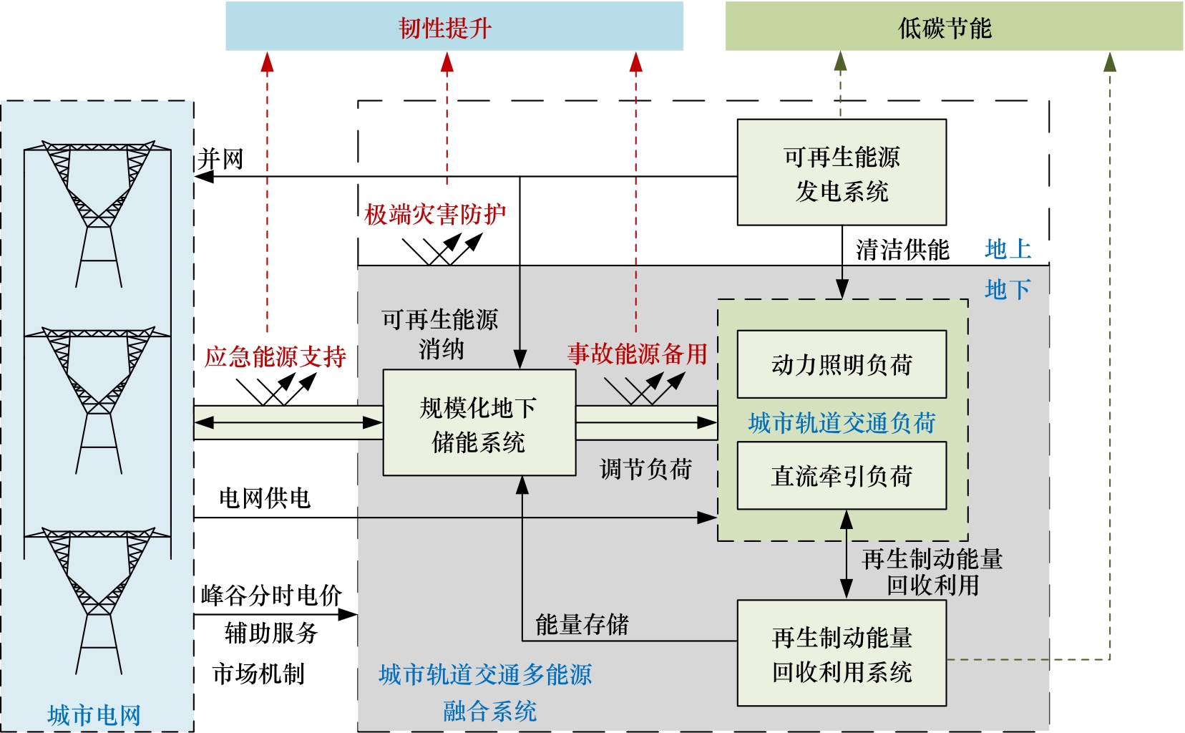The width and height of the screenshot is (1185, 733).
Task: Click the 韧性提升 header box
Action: pos(454,26)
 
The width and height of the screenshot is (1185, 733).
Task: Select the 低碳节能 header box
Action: pos(953,26)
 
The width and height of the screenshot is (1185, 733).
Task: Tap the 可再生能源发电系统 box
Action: pos(842,173)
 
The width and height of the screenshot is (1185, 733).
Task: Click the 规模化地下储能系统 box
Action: pos(479,423)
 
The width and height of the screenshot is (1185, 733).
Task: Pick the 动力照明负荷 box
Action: pos(842,364)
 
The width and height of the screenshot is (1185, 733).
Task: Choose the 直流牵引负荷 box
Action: pos(842,476)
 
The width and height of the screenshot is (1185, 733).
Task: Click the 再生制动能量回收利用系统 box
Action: pos(842,654)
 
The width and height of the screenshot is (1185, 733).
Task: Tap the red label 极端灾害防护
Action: pos(435,214)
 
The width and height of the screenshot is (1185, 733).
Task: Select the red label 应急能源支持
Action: pos(275,356)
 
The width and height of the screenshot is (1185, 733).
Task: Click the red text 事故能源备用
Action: pos(637,354)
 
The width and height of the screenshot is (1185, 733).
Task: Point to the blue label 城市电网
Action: pos(94,714)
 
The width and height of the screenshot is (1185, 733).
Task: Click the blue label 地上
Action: pos(1008,249)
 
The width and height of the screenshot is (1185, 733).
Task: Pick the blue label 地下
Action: pos(1008,289)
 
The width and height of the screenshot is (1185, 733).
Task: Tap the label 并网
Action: pos(220,158)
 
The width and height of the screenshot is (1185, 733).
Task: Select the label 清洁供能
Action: pos(902,250)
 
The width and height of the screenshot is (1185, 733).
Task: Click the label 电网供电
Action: pos(264,497)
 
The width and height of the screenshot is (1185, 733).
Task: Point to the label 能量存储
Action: pos(582,624)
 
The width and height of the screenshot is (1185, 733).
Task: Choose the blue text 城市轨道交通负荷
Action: pos(842,422)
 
